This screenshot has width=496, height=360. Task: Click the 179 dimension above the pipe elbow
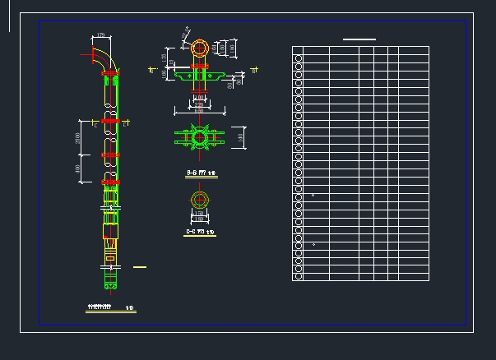coord(101,35)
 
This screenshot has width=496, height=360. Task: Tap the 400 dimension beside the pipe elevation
coord(79,168)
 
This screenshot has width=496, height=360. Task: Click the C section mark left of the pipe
coord(95,126)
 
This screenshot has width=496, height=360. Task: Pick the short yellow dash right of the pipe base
coord(140,267)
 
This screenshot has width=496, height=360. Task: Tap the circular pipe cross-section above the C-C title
coord(199,200)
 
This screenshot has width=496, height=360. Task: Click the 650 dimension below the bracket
coord(199,111)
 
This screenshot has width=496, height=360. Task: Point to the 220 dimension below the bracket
coord(199,104)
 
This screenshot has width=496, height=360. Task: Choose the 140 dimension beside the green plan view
coord(241,137)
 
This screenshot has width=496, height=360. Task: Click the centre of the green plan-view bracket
coord(198,137)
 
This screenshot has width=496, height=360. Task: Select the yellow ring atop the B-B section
coord(200,48)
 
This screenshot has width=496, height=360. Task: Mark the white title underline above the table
coord(359,39)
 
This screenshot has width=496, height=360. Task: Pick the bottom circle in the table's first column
coord(299,276)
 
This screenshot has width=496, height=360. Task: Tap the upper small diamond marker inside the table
coord(313,196)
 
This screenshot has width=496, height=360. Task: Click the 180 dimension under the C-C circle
coord(199,219)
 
